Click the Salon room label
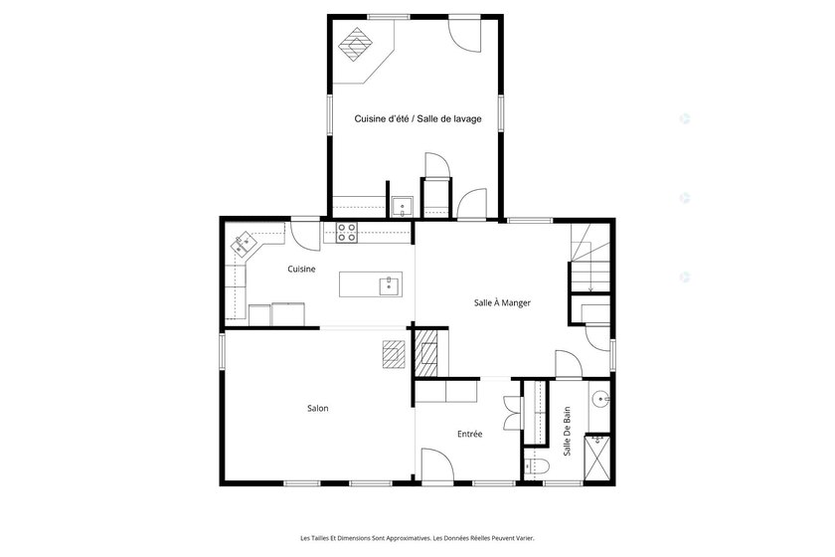(x=318, y=408)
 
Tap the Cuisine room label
(x=301, y=270)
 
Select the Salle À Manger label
(x=502, y=302)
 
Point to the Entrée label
(x=469, y=434)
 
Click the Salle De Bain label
(x=567, y=432)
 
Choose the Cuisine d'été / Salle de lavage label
(x=418, y=119)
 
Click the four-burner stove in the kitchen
(x=347, y=233)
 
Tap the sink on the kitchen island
(x=391, y=285)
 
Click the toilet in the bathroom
(x=536, y=466)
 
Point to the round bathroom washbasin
(x=600, y=398)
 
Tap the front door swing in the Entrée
(x=437, y=464)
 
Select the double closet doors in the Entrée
(x=512, y=413)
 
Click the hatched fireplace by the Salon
(x=426, y=352)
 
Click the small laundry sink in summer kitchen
(x=402, y=207)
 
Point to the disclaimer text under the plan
(x=417, y=538)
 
